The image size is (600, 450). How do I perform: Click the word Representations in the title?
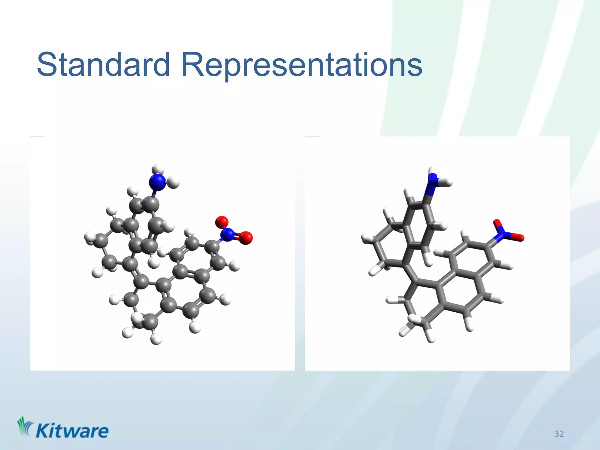coord(302,65)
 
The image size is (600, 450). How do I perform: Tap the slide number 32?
coord(559,434)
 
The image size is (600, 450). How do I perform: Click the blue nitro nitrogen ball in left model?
coord(227,234)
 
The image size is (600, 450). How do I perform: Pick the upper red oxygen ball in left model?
coord(222,222)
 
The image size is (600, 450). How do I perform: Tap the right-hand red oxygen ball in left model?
coord(246,238)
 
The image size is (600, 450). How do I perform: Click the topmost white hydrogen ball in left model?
coord(157,170)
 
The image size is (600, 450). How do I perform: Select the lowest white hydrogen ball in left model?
coord(156,339)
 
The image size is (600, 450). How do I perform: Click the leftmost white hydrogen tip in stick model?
coord(366,238)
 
